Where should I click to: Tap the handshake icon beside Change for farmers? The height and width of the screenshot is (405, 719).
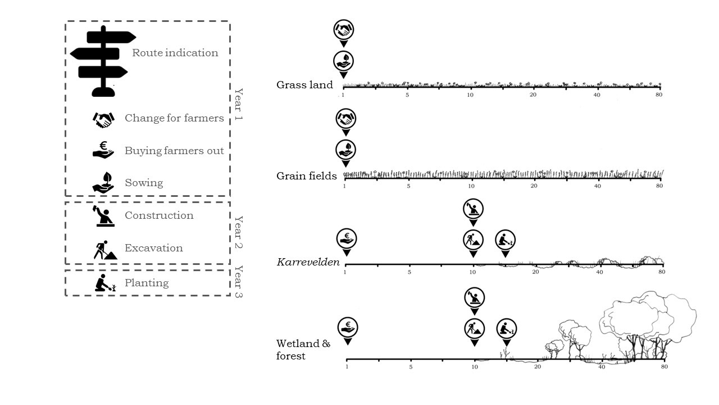[x=103, y=119]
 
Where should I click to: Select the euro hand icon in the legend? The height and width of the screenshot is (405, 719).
[x=103, y=151]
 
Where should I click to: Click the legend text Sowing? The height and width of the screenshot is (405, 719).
[x=144, y=183]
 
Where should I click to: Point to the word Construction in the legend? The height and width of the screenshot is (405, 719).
[x=159, y=215]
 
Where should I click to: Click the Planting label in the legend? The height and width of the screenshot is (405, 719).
[x=147, y=282]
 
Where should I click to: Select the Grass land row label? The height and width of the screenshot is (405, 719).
[x=304, y=85]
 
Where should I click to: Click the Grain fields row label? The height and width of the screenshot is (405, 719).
[x=306, y=176]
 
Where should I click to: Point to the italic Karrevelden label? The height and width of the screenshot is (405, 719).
[x=308, y=262]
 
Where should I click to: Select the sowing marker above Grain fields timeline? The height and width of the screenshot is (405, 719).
[x=345, y=150]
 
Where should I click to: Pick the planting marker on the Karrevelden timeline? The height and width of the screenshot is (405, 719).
[x=505, y=240]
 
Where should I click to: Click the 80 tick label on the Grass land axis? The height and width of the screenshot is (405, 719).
[x=658, y=94]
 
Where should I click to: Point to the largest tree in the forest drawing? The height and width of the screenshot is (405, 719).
[x=635, y=315]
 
